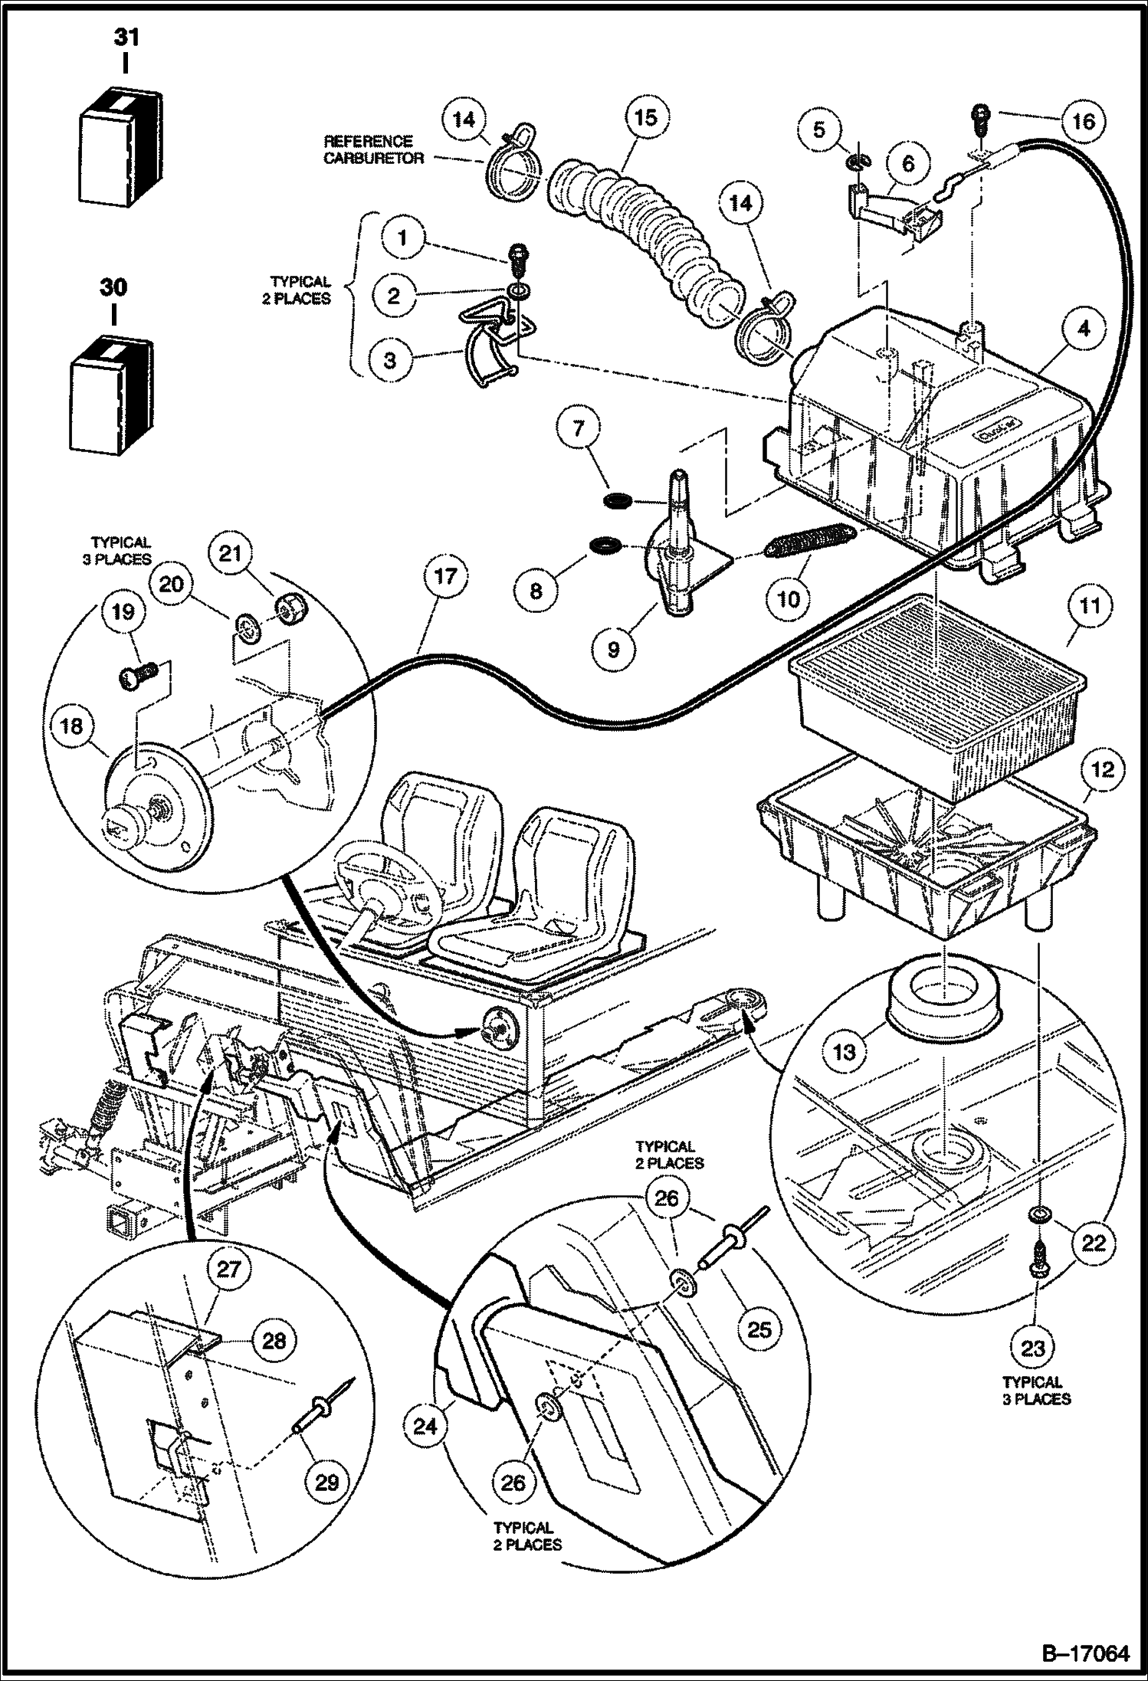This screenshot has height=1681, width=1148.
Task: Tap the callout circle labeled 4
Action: coord(1083,330)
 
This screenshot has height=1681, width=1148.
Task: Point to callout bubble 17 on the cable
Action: coord(445,576)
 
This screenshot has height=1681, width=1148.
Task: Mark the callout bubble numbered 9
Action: coord(613,649)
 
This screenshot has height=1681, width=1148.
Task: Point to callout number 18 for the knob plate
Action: coord(71,726)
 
